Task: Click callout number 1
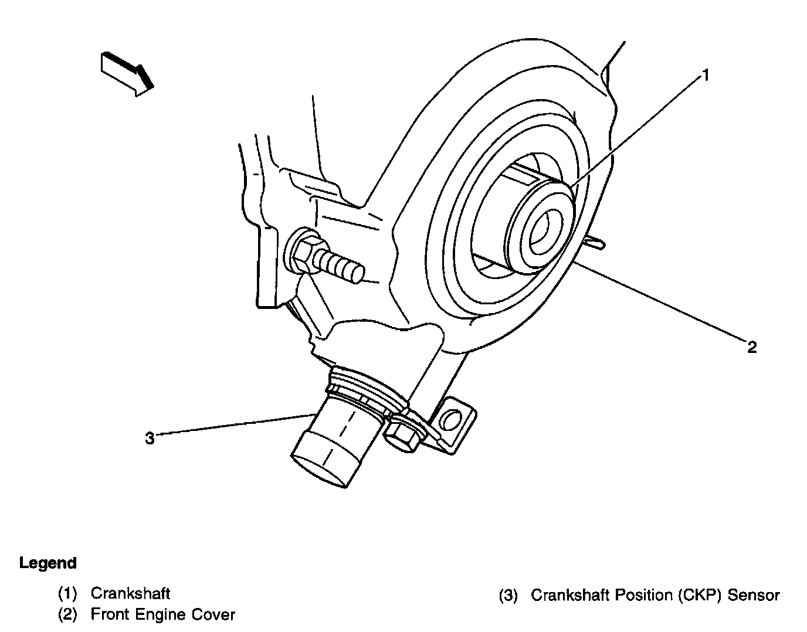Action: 706,75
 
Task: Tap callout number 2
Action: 752,347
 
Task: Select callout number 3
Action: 150,438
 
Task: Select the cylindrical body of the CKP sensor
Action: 328,443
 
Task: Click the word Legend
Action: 48,563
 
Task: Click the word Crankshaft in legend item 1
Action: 130,593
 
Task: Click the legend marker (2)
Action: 67,615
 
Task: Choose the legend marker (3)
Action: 508,596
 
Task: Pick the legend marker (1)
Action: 67,593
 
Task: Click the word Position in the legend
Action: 643,596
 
